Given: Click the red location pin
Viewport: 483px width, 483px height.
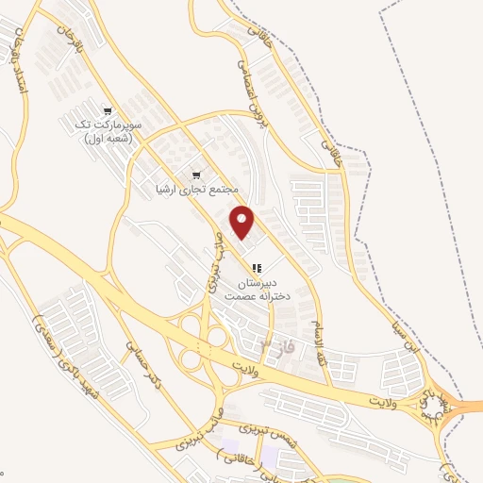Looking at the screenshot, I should tap(243, 221).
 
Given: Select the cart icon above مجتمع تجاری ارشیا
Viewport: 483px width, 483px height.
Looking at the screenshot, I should tap(197, 175).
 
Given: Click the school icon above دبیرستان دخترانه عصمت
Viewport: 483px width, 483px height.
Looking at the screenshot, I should tap(257, 268).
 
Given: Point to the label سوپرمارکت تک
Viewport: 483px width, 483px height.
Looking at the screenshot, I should tap(137, 125).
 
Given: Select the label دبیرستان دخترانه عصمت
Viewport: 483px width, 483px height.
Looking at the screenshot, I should tap(256, 288).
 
